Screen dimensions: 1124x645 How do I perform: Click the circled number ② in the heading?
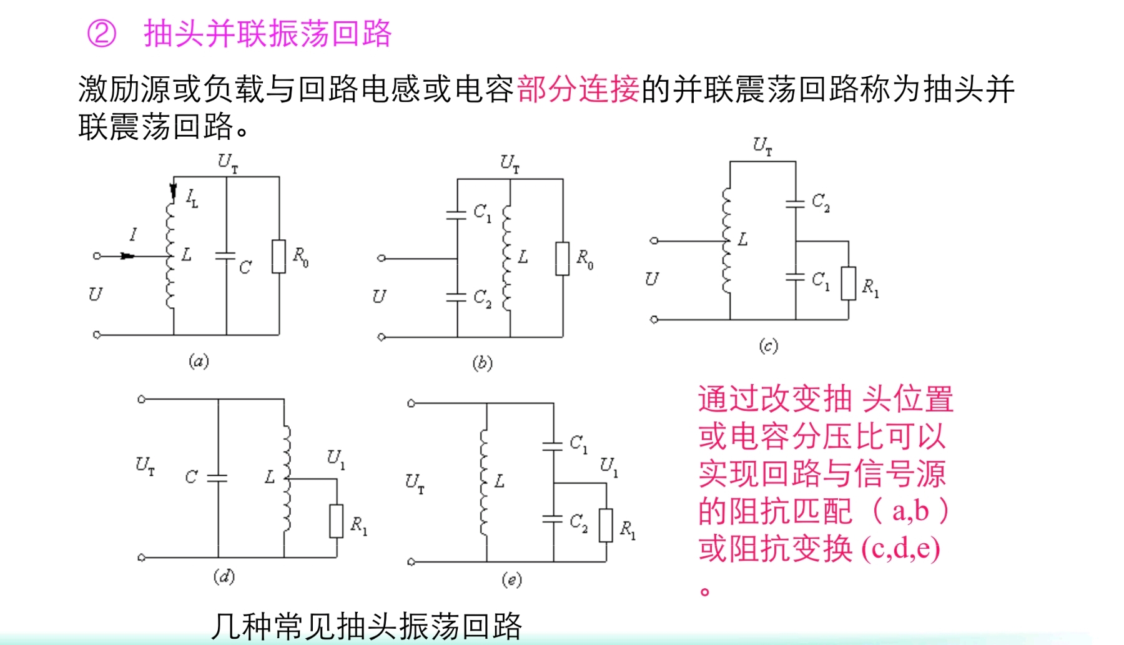click(x=102, y=33)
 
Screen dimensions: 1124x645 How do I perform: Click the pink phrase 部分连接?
click(x=578, y=89)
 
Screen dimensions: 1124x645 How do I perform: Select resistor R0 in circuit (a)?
click(x=279, y=256)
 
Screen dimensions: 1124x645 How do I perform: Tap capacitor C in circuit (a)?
click(x=226, y=256)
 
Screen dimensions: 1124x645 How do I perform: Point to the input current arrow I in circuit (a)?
click(x=127, y=255)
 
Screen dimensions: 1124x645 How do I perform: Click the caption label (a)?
click(x=199, y=361)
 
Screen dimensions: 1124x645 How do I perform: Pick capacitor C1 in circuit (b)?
click(x=457, y=214)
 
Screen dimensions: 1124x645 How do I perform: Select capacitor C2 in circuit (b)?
click(x=457, y=298)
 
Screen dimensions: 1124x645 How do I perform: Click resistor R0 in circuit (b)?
click(x=563, y=258)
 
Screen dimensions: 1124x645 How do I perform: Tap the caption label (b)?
click(x=482, y=363)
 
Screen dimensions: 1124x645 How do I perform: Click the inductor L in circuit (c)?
click(x=727, y=240)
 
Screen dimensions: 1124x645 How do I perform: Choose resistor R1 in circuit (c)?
click(x=849, y=283)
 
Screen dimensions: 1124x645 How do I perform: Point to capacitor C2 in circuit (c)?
click(x=796, y=202)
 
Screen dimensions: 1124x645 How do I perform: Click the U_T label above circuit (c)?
click(x=762, y=146)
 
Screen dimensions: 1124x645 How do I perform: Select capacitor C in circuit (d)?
click(x=218, y=478)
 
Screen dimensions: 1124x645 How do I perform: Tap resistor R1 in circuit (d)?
click(x=337, y=521)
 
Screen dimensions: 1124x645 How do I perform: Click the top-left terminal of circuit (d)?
click(x=142, y=399)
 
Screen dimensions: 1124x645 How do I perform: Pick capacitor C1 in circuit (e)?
click(x=553, y=446)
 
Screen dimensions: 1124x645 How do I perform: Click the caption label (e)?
click(x=511, y=580)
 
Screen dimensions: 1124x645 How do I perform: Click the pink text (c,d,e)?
click(x=900, y=549)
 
